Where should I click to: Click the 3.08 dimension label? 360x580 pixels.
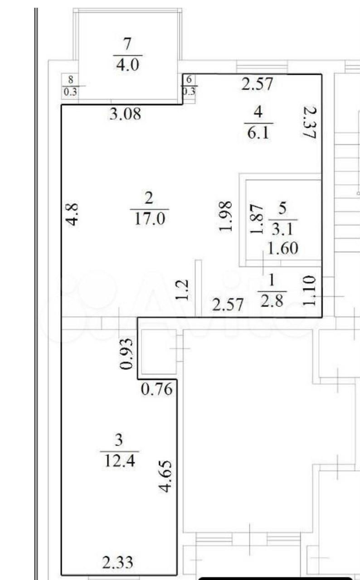(125, 114)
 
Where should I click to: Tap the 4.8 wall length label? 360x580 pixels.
(72, 214)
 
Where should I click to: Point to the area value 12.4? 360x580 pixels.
(120, 461)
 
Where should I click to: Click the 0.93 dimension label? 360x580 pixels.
(126, 353)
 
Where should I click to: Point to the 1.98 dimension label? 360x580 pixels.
(225, 216)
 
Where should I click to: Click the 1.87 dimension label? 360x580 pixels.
(257, 219)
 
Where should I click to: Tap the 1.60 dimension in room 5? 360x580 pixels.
(283, 248)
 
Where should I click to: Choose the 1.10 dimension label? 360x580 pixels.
(309, 290)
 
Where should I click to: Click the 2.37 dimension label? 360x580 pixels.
(310, 122)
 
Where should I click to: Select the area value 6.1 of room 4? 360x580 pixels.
(258, 133)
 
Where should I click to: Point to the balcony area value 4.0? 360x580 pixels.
(128, 65)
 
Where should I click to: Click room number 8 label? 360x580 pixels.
(71, 79)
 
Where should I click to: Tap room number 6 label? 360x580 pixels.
(190, 79)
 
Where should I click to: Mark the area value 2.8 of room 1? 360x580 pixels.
(272, 301)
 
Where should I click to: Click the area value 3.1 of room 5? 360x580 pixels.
(282, 229)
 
